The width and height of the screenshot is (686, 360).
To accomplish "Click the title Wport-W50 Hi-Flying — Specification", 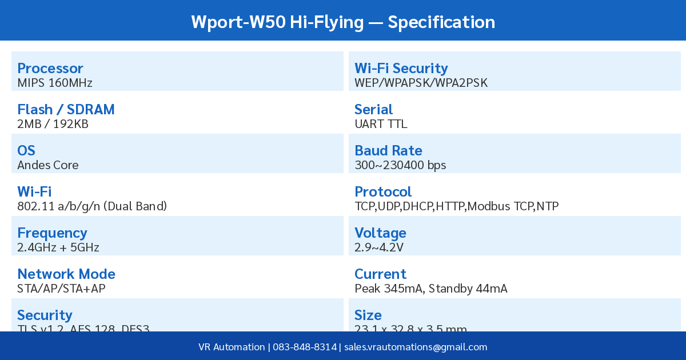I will [x=343, y=22].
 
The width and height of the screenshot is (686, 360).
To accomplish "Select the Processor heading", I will [x=50, y=69].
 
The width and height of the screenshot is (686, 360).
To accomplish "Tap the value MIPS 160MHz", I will [x=55, y=83].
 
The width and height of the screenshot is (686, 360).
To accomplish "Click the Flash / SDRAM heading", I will [x=66, y=110].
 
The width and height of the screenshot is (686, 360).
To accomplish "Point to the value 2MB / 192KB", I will [x=53, y=124].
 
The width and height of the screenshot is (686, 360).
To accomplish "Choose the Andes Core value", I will [x=48, y=165].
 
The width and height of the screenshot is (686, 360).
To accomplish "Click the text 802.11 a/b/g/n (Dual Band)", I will [x=92, y=206].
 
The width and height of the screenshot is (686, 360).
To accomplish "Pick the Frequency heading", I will [x=52, y=233].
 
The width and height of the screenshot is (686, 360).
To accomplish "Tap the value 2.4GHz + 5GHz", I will [x=58, y=247].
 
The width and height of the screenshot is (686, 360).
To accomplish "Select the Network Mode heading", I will [x=66, y=274].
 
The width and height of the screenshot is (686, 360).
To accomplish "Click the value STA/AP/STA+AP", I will [x=61, y=289].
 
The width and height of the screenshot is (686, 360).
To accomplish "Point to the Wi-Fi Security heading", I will [x=401, y=69].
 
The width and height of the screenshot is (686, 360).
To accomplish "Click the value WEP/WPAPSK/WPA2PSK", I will [x=421, y=83].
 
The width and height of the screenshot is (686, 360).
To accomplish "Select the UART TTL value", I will [x=381, y=124].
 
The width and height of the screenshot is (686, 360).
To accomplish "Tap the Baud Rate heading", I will [x=388, y=151].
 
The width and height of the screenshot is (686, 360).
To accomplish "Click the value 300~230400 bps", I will [x=400, y=165].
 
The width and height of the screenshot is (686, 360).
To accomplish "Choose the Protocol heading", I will [x=383, y=192].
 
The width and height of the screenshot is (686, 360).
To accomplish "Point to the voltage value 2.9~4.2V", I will [x=379, y=247].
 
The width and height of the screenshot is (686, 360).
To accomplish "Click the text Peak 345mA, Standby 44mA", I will [x=431, y=289].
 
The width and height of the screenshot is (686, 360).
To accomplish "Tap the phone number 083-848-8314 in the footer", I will [x=305, y=347].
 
